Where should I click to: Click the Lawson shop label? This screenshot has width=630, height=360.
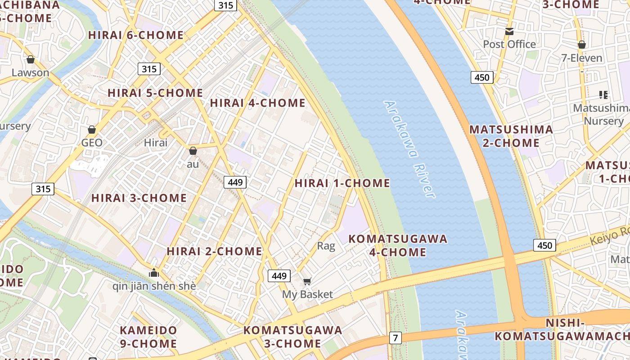[x=30, y=72]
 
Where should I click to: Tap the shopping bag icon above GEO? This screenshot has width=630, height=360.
[x=92, y=130]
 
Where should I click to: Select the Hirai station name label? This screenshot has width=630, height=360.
[x=156, y=143]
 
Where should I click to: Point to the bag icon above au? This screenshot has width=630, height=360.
[x=193, y=151]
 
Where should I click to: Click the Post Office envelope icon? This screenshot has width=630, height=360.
[x=509, y=31]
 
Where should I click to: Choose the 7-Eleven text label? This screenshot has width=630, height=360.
[x=581, y=58]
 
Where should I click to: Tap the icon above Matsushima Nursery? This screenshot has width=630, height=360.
[x=603, y=94]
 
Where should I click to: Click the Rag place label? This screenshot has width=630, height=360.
[x=326, y=246]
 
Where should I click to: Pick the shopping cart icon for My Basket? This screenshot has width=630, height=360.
[x=307, y=282]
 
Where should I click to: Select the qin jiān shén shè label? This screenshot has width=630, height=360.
[x=154, y=286]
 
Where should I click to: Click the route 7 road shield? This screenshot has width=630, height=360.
[x=395, y=337]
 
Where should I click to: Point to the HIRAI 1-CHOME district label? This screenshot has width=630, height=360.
[x=342, y=183]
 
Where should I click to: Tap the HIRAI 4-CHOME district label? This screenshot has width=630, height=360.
[x=258, y=103]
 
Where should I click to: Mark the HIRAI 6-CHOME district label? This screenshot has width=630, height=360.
[x=136, y=35]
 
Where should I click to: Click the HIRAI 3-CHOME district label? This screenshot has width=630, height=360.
[x=139, y=198]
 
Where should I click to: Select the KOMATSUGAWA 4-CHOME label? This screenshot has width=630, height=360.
[x=398, y=245]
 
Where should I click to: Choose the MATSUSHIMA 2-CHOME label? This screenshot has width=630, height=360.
[x=511, y=136]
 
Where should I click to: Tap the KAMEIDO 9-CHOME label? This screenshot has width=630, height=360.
[x=148, y=337]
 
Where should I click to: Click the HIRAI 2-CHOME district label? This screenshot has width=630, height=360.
[x=214, y=251]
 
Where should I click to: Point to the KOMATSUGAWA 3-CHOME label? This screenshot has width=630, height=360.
[x=293, y=337]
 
